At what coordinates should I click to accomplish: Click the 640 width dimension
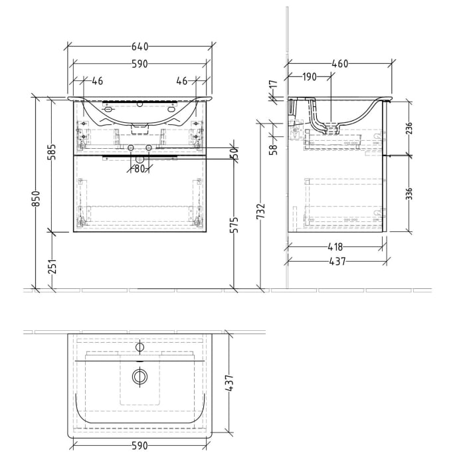pos(139,46)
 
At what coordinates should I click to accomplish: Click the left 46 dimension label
pos(97,81)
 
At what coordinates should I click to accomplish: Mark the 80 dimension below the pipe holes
pos(139,169)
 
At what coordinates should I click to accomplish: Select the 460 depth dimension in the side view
pos(339,64)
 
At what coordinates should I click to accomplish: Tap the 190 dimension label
pos(309,77)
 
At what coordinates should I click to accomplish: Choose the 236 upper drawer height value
pos(409,126)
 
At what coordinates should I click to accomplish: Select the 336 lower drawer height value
pos(409,193)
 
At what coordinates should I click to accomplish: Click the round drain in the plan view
pos(139,376)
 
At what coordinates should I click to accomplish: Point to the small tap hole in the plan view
pos(139,346)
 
